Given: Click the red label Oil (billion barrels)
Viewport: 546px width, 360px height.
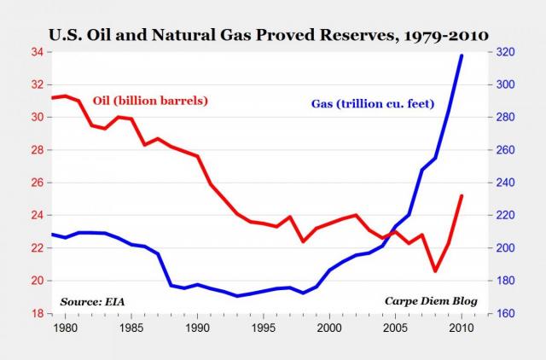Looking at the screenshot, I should click(140, 100).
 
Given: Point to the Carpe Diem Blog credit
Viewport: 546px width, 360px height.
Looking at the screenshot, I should click(430, 301).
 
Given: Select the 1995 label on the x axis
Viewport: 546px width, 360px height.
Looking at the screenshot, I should click(264, 327).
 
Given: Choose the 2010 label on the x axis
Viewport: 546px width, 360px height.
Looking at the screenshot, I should click(462, 327).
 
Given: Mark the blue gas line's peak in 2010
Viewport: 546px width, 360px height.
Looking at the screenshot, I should click(462, 55).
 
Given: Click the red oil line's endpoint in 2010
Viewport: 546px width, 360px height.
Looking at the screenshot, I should click(462, 196).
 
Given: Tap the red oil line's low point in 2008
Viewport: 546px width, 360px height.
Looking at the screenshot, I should click(435, 271).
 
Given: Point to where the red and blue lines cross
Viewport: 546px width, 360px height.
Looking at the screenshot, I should click(391, 233).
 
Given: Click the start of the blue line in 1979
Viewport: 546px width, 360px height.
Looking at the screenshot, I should click(53, 234).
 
